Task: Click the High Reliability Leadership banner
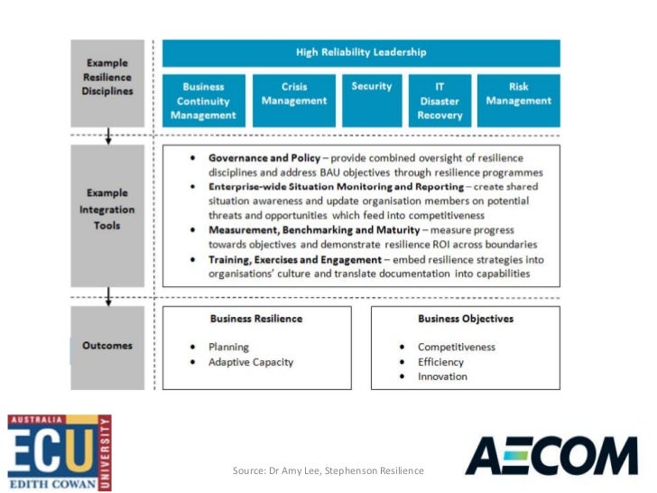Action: (361, 52)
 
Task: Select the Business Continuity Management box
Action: (203, 100)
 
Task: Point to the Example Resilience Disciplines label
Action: (107, 78)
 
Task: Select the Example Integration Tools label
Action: (107, 209)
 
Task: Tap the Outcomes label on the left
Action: (107, 345)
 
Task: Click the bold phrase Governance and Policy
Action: (262, 156)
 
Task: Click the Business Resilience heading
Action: (256, 319)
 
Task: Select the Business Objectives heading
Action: (466, 319)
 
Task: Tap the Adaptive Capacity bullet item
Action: (251, 362)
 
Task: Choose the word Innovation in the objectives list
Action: (442, 377)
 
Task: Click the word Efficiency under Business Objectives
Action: (440, 362)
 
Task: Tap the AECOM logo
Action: (551, 455)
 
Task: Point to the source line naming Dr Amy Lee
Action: (328, 470)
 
